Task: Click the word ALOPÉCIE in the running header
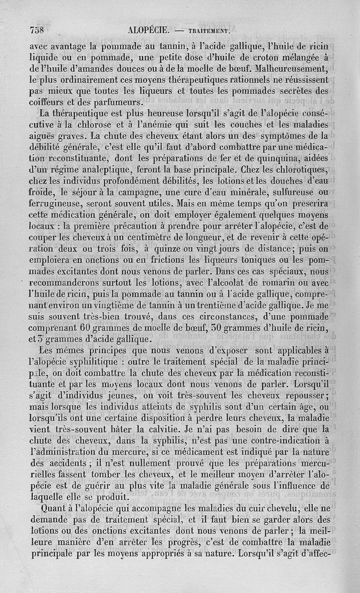148,31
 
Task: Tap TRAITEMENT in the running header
209,31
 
